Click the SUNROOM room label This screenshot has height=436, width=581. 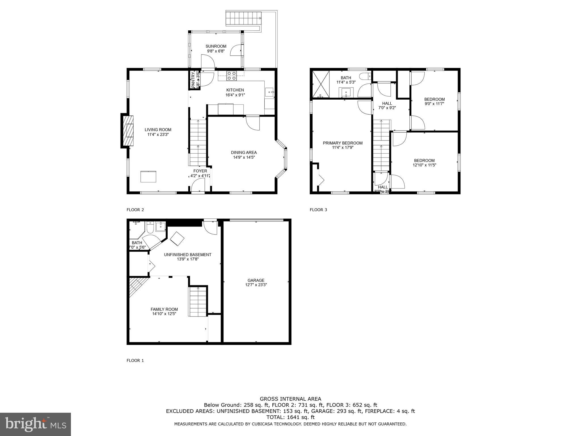coord(216,46)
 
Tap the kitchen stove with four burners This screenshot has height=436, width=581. coord(231,76)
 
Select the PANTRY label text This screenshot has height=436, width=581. coord(193,80)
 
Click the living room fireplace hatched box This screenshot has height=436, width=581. coord(129,131)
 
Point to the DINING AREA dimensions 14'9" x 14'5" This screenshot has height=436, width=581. coord(244,157)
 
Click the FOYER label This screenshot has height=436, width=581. coord(200,171)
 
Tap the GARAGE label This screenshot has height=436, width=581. coord(256,280)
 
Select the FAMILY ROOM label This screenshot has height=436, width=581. coord(164,309)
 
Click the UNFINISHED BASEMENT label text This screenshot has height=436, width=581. coord(188,255)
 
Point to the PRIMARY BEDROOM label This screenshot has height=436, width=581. coord(342,143)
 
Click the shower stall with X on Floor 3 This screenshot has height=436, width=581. coord(321,84)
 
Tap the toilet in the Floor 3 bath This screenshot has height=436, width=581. coord(365,76)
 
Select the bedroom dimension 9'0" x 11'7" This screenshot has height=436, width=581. coord(434,104)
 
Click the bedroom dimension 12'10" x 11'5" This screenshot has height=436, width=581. coord(424,165)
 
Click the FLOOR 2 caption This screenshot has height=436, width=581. coord(135,210)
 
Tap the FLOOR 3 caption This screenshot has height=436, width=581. coord(318,210)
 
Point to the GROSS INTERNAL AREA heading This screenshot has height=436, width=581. coord(290,399)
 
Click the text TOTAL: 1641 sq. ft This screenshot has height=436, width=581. coord(290,417)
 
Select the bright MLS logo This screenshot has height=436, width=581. coord(35,424)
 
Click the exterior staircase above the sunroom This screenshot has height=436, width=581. coord(243,18)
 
